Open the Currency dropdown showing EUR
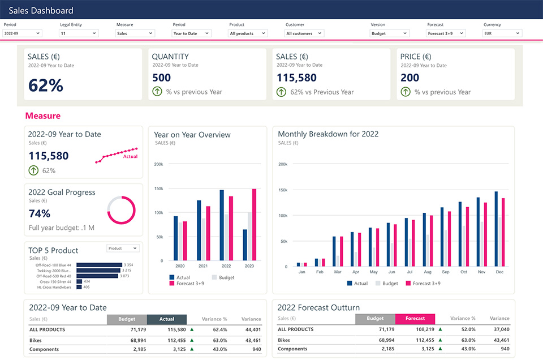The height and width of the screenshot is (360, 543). pyautogui.click(x=502, y=33)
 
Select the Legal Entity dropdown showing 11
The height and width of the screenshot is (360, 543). pyautogui.click(x=79, y=33)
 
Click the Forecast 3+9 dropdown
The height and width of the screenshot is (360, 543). pyautogui.click(x=446, y=33)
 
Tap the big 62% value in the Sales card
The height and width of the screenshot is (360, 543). pyautogui.click(x=46, y=85)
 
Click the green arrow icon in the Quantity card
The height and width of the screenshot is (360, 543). pyautogui.click(x=157, y=92)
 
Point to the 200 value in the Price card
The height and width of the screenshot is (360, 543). pyautogui.click(x=410, y=78)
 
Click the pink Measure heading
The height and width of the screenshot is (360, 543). pyautogui.click(x=42, y=115)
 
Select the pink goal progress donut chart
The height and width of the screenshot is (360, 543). pyautogui.click(x=121, y=210)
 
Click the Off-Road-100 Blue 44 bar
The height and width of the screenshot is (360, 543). pyautogui.click(x=99, y=265)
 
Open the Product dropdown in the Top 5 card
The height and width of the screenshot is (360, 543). pyautogui.click(x=123, y=248)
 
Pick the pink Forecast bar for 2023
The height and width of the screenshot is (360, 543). pyautogui.click(x=254, y=225)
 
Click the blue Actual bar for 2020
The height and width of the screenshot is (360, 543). pyautogui.click(x=176, y=238)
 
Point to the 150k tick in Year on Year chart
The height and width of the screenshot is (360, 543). pyautogui.click(x=158, y=188)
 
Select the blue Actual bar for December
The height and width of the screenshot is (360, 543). pyautogui.click(x=496, y=229)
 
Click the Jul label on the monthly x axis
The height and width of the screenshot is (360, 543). pyautogui.click(x=410, y=272)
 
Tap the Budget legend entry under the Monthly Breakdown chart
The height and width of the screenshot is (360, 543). pyautogui.click(x=386, y=283)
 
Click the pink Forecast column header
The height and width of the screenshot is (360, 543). pyautogui.click(x=415, y=319)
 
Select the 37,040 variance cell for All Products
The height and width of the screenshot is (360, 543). pyautogui.click(x=501, y=329)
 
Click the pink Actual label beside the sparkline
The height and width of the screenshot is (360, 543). pyautogui.click(x=130, y=157)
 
